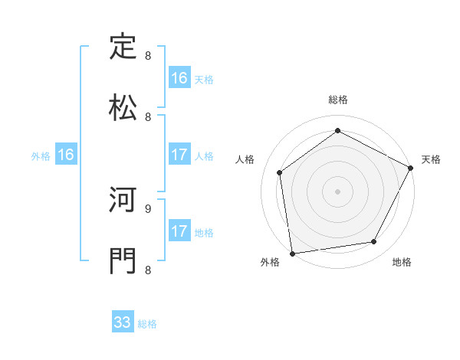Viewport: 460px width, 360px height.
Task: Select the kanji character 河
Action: pos(123,201)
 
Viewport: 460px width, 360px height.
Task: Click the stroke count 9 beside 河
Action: pos(147,208)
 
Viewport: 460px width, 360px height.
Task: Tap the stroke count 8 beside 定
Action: pos(147,56)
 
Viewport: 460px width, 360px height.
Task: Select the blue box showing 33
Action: pos(123,322)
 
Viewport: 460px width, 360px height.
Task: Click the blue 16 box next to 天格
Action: pos(179,78)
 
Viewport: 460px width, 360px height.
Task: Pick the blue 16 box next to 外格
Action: pos(66,155)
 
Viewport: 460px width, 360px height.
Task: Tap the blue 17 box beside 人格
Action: pos(179,155)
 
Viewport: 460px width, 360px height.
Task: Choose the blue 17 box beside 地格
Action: pos(179,231)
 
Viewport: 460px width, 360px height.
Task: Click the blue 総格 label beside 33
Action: pos(147,324)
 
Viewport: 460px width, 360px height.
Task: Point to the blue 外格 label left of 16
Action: pos(41,156)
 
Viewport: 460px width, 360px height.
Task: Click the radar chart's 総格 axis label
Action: pos(338,100)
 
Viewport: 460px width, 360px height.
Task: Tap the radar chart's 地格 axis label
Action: pos(402,263)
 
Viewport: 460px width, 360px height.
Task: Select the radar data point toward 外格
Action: pos(292,253)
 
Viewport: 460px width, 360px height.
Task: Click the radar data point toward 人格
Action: pos(280,172)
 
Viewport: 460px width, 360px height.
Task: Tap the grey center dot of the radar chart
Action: pos(338,191)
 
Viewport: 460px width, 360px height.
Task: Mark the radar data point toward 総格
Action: pos(338,130)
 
